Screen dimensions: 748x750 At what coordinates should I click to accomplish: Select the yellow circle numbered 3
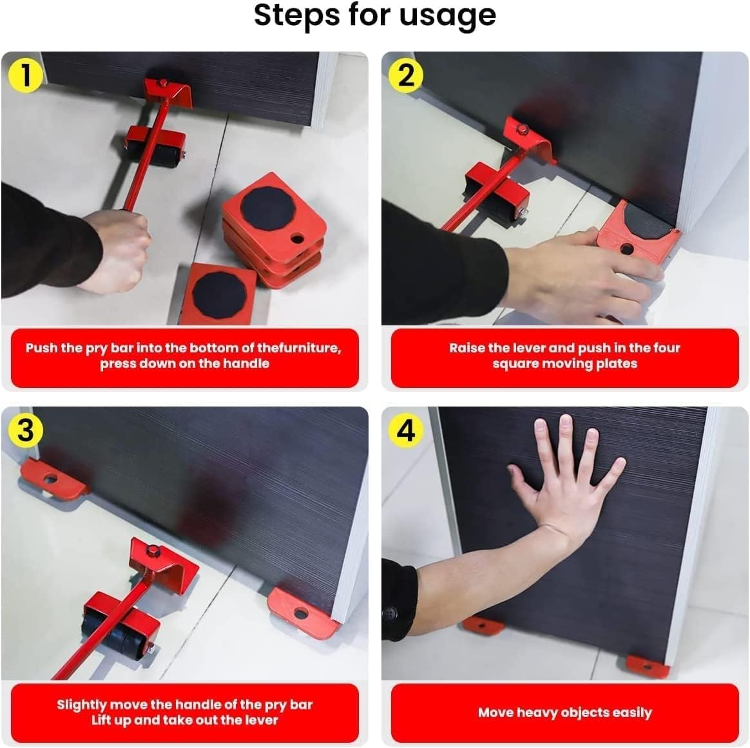click(x=25, y=429)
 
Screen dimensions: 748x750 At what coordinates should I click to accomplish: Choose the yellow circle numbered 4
click(x=406, y=429)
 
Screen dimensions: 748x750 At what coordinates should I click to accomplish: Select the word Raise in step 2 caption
click(x=467, y=348)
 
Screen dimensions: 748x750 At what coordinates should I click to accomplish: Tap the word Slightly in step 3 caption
click(x=82, y=704)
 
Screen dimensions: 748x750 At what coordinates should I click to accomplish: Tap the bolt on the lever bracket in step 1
click(x=163, y=82)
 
